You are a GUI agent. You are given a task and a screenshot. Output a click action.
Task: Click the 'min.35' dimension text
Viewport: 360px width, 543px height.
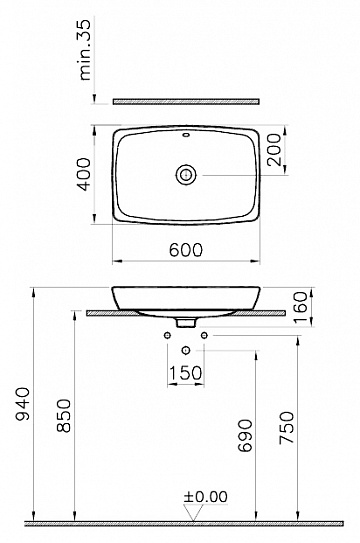tap(85, 50)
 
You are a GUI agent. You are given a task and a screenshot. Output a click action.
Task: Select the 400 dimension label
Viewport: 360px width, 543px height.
tap(84, 174)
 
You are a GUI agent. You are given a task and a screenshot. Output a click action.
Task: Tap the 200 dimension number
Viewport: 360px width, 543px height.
tap(274, 150)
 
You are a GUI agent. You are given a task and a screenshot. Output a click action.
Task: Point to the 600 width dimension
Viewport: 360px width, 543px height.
tap(186, 249)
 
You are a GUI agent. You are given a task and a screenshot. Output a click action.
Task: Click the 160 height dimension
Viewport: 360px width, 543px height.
tap(300, 307)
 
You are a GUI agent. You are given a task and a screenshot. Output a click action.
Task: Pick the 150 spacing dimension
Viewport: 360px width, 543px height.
tap(186, 373)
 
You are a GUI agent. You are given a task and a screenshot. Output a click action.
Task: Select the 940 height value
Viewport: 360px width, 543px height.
tap(23, 404)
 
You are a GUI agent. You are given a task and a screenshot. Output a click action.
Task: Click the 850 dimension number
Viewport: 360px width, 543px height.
tap(64, 416)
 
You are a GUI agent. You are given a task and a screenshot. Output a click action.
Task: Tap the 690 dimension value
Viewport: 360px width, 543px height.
tap(245, 435)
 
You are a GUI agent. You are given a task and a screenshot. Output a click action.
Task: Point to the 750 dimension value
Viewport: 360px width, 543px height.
tap(287, 427)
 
